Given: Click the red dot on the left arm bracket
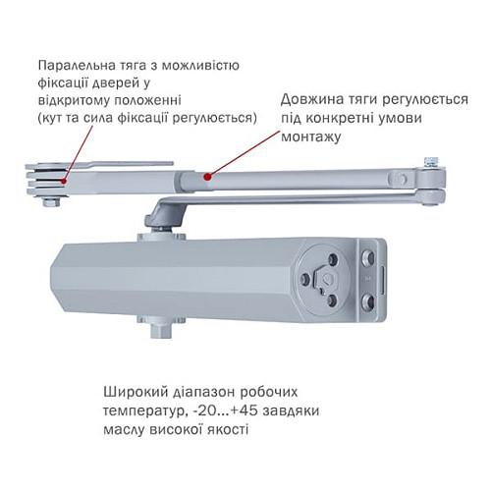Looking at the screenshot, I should tap(64, 180).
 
